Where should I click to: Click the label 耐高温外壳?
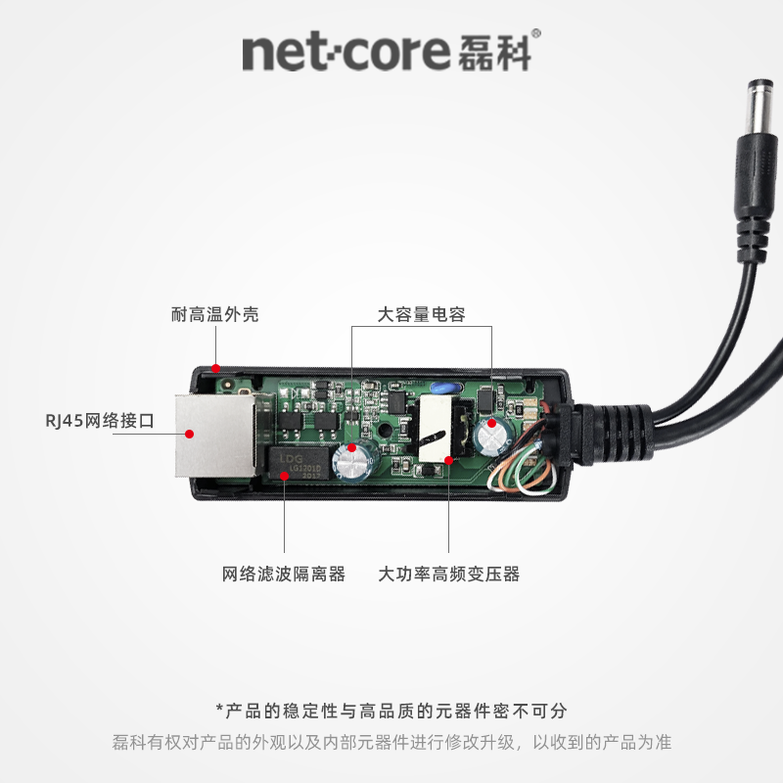point(215,315)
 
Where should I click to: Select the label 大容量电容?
point(421,315)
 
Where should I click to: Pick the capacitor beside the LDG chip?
point(349,460)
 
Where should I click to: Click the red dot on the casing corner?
point(215,370)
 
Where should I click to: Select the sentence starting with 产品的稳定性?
point(391,711)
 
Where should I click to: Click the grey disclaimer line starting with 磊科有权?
point(391,742)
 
